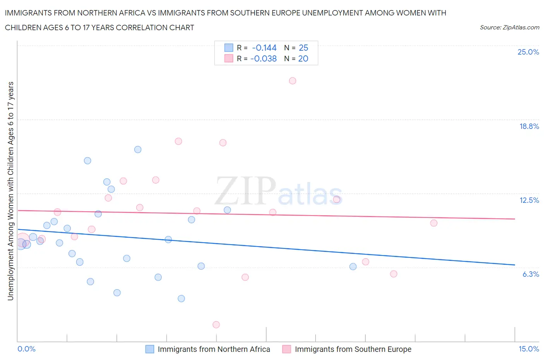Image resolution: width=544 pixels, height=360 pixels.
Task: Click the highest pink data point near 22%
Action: click(293, 81)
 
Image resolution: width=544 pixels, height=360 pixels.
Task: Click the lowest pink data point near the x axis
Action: click(216, 325)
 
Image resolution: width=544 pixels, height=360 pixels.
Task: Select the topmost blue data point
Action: click(138, 149)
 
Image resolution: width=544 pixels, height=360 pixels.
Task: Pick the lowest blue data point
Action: click(181, 298)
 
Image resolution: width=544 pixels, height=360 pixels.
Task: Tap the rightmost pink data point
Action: click(434, 223)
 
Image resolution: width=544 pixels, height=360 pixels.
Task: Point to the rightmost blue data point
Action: click(353, 267)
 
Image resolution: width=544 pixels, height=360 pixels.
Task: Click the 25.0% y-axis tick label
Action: click(528, 52)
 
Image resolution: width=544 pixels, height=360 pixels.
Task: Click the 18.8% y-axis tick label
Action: click(529, 127)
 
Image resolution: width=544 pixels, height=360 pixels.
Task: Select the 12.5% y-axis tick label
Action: click(529, 201)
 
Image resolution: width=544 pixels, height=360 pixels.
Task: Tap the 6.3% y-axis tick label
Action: click(530, 274)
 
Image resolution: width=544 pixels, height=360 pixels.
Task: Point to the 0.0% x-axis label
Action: click(27, 349)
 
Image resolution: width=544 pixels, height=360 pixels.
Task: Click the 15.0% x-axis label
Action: click(529, 349)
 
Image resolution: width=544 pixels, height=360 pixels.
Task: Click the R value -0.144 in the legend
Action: click(264, 48)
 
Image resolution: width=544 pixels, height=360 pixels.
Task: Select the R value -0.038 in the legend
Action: click(263, 59)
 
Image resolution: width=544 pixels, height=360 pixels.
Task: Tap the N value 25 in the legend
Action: click(303, 48)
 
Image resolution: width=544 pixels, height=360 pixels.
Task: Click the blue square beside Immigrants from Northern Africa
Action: click(150, 349)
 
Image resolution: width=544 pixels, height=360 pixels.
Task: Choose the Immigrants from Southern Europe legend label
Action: click(353, 349)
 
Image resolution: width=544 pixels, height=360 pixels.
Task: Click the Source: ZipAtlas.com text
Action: click(509, 27)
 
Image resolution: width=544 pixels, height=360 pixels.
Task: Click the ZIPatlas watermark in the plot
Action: click(279, 192)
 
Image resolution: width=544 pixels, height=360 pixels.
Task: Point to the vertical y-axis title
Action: click(11, 191)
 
